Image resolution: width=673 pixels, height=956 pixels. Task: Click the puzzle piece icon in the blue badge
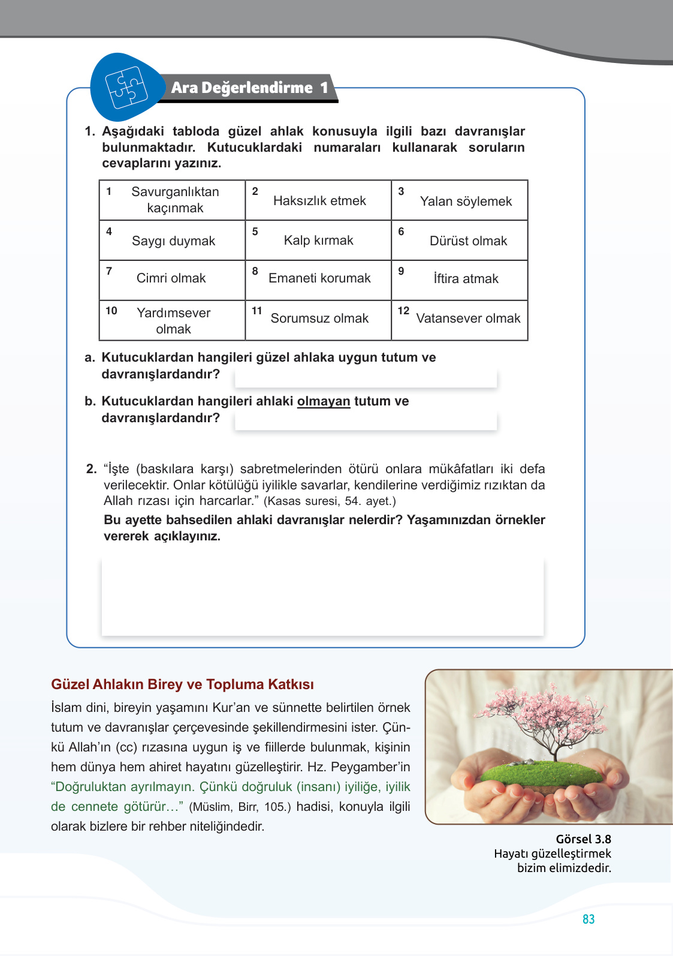click(x=126, y=88)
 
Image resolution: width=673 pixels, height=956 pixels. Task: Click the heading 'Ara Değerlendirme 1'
click(x=249, y=88)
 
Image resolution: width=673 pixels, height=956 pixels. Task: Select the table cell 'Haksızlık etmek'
click(x=319, y=201)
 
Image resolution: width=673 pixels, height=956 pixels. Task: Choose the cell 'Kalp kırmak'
click(x=318, y=240)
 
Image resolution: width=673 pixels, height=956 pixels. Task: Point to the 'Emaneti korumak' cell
click(x=319, y=278)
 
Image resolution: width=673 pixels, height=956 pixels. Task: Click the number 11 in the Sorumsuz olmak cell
click(x=257, y=311)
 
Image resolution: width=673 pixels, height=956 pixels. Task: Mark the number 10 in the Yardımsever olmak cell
click(x=111, y=311)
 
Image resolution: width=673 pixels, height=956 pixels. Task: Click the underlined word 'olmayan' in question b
click(x=324, y=401)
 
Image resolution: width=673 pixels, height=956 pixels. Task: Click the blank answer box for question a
click(x=366, y=378)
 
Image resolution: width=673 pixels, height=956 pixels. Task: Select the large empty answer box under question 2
click(x=322, y=596)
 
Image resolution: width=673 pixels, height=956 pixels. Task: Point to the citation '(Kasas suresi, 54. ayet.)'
click(x=330, y=501)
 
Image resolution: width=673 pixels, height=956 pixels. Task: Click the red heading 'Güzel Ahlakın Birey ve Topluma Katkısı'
click(x=182, y=684)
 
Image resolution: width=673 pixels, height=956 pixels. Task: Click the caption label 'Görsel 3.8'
click(x=583, y=839)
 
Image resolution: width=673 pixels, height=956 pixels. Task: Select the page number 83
click(x=588, y=919)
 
